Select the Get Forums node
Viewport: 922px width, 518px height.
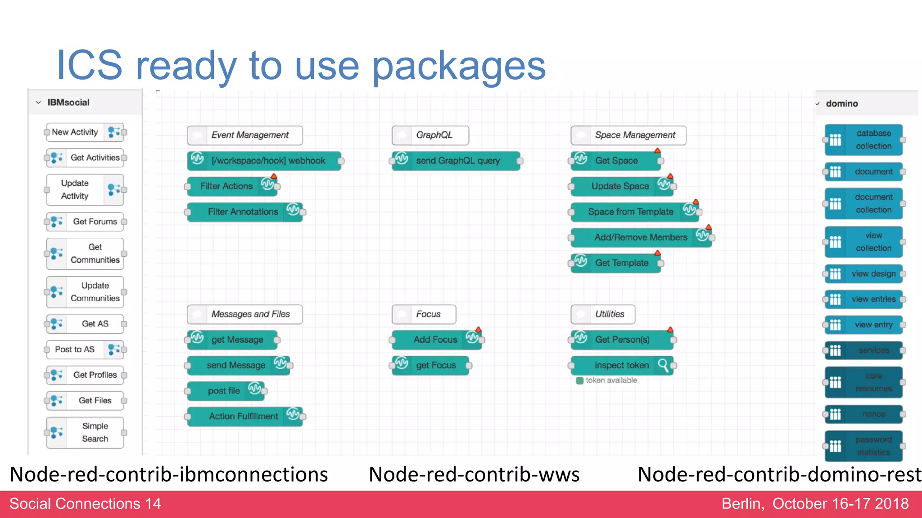[86, 222]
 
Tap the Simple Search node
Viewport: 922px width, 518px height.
[86, 433]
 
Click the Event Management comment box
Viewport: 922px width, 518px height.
[245, 135]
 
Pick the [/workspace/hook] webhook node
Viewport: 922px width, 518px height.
[264, 161]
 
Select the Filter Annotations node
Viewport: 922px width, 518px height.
[245, 212]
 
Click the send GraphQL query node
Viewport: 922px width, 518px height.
[456, 161]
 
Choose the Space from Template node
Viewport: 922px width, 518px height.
[635, 212]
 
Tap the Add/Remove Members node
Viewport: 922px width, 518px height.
[641, 237]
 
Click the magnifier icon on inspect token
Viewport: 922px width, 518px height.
[663, 365]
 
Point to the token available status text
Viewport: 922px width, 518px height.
[611, 380]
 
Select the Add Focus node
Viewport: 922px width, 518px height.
[436, 340]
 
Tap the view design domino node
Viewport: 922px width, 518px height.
[864, 274]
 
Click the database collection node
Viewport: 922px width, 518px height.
[864, 140]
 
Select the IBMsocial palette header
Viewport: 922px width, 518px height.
[68, 103]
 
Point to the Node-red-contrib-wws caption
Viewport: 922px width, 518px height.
[474, 475]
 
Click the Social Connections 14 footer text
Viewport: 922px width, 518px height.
[85, 504]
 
